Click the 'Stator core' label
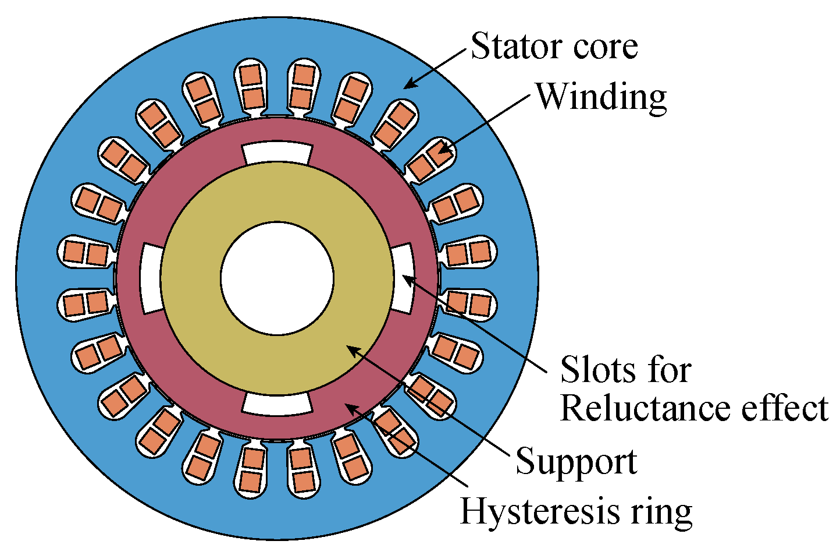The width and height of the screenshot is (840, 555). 554,47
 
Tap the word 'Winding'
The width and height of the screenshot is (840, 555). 600,97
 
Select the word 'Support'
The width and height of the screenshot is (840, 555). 576,461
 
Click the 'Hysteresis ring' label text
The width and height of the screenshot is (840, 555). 576,511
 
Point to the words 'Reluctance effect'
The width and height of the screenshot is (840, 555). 693,409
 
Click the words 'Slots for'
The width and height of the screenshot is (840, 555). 625,370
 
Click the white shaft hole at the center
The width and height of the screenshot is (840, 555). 277,278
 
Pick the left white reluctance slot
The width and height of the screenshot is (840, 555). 151,278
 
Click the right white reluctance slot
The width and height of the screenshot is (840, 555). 403,278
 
